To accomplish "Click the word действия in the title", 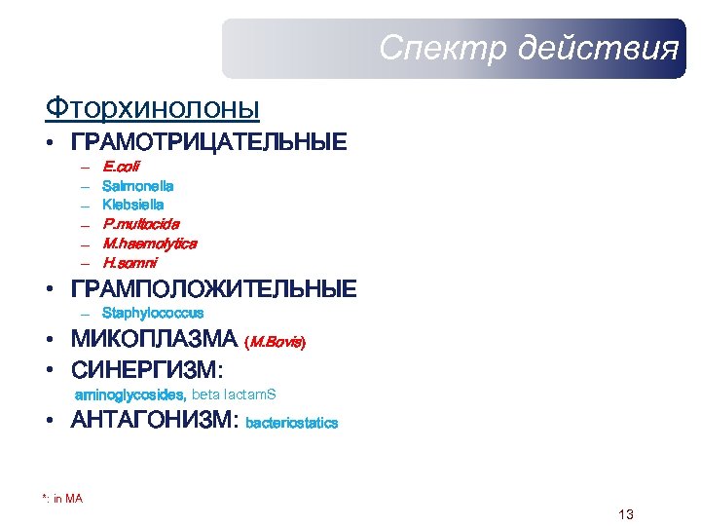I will click(x=598, y=48).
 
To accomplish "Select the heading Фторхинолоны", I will click(x=152, y=105).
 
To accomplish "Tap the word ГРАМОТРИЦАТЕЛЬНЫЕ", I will click(x=208, y=142).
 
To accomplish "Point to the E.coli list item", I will click(x=121, y=166).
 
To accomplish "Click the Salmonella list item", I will click(x=137, y=185).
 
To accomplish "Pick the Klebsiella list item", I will click(x=132, y=205).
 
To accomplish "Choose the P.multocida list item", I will click(x=140, y=224).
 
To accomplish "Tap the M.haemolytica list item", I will click(x=149, y=244).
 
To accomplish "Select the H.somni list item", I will click(x=129, y=263).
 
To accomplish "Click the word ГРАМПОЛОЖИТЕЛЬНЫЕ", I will click(x=213, y=289).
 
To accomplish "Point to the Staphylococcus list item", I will click(x=153, y=314).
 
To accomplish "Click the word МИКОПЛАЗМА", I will click(x=154, y=340).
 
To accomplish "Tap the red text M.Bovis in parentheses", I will click(x=276, y=342).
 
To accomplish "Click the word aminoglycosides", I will click(x=130, y=394).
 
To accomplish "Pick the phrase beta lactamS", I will click(x=234, y=394).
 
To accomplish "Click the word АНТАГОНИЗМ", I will click(x=155, y=422).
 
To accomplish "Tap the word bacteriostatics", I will click(x=292, y=424).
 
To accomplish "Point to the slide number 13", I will click(x=625, y=514).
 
